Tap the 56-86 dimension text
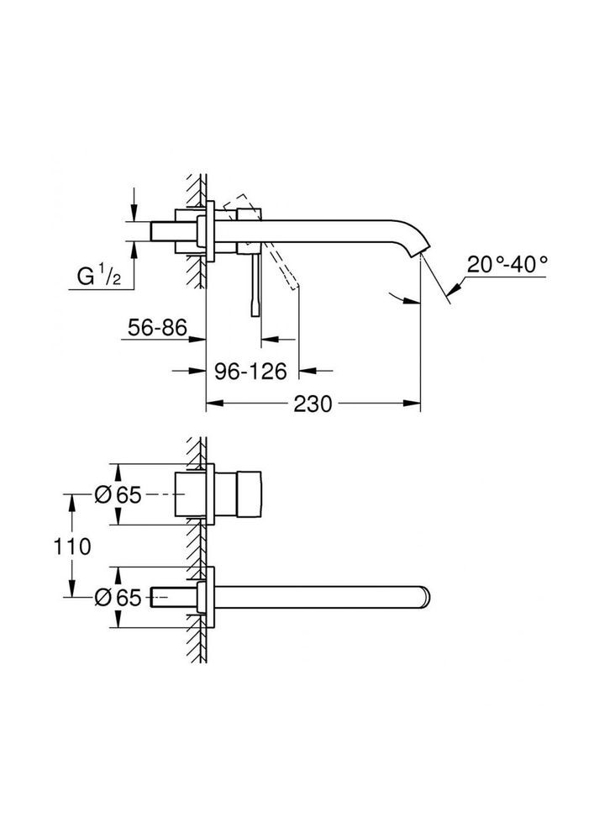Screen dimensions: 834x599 pyautogui.click(x=157, y=327)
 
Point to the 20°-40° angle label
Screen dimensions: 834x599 pyautogui.click(x=508, y=263)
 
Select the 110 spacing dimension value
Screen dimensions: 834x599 pyautogui.click(x=72, y=546)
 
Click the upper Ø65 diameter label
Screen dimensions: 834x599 pyautogui.click(x=117, y=496)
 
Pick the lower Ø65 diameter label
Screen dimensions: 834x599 pyautogui.click(x=117, y=597)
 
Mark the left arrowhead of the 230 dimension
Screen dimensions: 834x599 pyautogui.click(x=213, y=404)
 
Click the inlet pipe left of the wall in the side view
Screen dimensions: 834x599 pyautogui.click(x=172, y=231)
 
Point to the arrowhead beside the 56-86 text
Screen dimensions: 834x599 pyautogui.click(x=201, y=339)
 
